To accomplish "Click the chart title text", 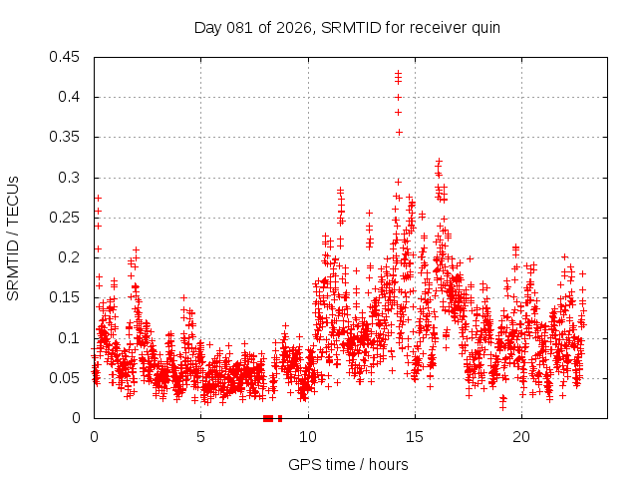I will pyautogui.click(x=347, y=27).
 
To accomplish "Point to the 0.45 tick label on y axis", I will pyautogui.click(x=67, y=57).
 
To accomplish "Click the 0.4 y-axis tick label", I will pyautogui.click(x=71, y=97).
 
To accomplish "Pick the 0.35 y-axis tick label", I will pyautogui.click(x=67, y=137).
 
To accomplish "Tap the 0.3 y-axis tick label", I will pyautogui.click(x=71, y=178).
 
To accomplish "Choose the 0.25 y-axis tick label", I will pyautogui.click(x=67, y=218).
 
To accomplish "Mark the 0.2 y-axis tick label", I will pyautogui.click(x=71, y=257).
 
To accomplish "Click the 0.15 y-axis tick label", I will pyautogui.click(x=67, y=297).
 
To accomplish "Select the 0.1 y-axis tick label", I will pyautogui.click(x=71, y=338).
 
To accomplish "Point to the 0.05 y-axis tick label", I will pyautogui.click(x=67, y=378).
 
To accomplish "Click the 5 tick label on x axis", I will pyautogui.click(x=200, y=437).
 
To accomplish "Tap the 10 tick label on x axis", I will pyautogui.click(x=307, y=437).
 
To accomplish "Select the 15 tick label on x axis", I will pyautogui.click(x=414, y=437).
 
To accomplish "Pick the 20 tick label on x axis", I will pyautogui.click(x=521, y=437).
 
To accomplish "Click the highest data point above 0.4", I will pyautogui.click(x=398, y=73).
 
